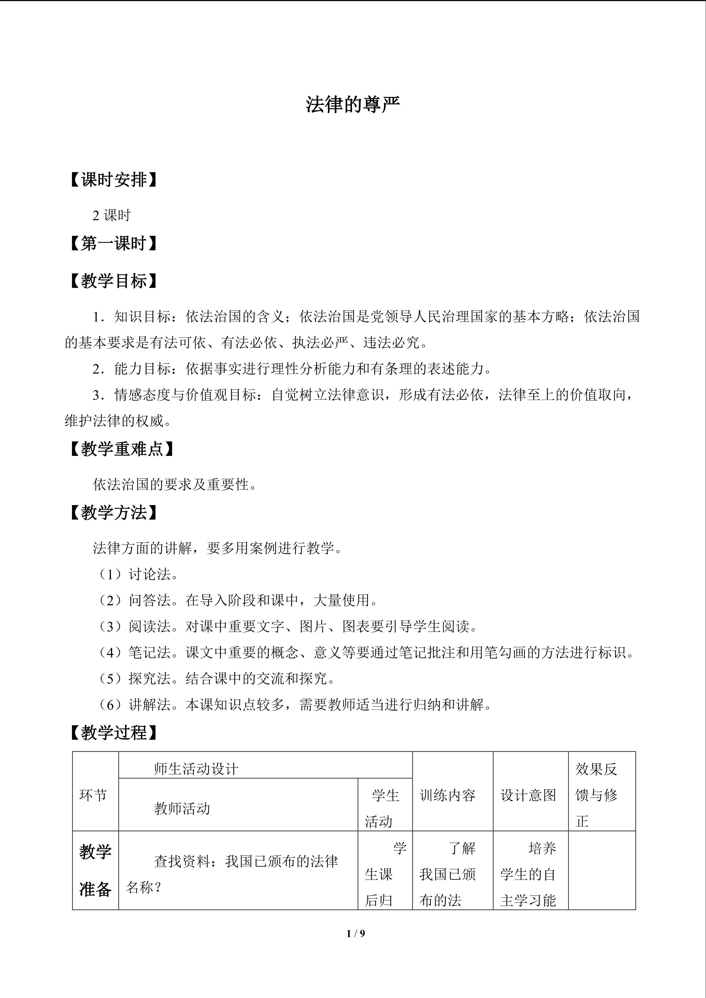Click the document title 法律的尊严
click(353, 105)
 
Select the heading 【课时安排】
click(113, 180)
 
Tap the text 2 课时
click(111, 215)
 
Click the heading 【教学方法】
click(113, 512)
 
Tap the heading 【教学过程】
click(113, 733)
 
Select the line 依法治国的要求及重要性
click(175, 484)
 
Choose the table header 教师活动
click(182, 808)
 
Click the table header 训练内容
click(448, 795)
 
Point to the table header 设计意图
click(528, 795)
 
